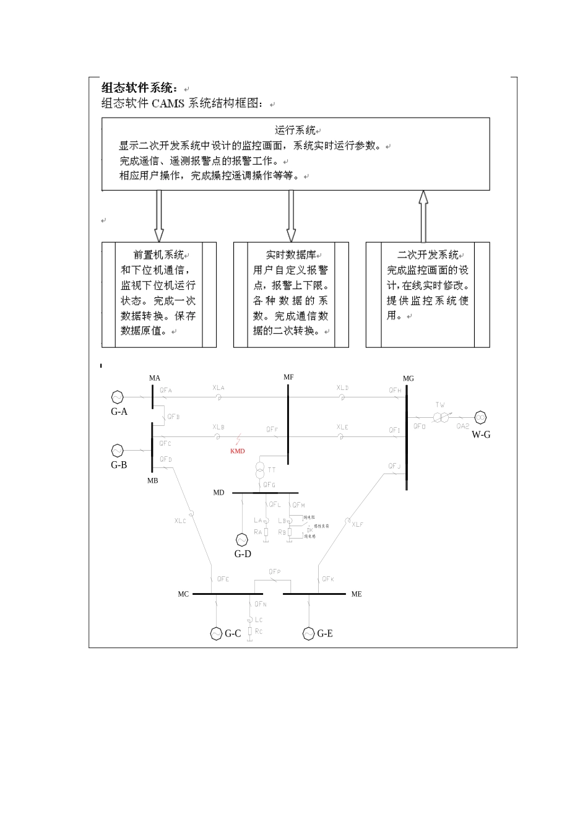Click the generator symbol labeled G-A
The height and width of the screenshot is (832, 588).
click(x=117, y=397)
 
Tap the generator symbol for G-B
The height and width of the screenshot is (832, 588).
click(x=117, y=451)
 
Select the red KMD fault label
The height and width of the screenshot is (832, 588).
click(x=237, y=451)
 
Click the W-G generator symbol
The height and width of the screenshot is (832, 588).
click(x=480, y=417)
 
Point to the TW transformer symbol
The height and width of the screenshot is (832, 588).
click(x=441, y=418)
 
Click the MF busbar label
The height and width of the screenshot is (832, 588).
click(x=288, y=377)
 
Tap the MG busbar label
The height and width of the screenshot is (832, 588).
click(x=408, y=378)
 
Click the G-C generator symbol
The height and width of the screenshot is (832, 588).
click(x=216, y=633)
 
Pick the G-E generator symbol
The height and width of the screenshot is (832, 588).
click(x=308, y=633)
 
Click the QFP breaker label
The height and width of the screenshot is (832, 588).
click(x=275, y=572)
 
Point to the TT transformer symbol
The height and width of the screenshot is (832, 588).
click(x=260, y=470)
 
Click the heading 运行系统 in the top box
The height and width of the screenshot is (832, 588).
click(x=295, y=131)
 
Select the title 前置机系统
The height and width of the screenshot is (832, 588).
click(x=158, y=255)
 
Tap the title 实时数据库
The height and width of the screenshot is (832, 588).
click(x=291, y=255)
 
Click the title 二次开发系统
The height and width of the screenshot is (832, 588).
click(x=427, y=255)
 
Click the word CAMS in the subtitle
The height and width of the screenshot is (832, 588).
click(x=168, y=103)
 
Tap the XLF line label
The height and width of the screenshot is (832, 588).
click(x=358, y=524)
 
